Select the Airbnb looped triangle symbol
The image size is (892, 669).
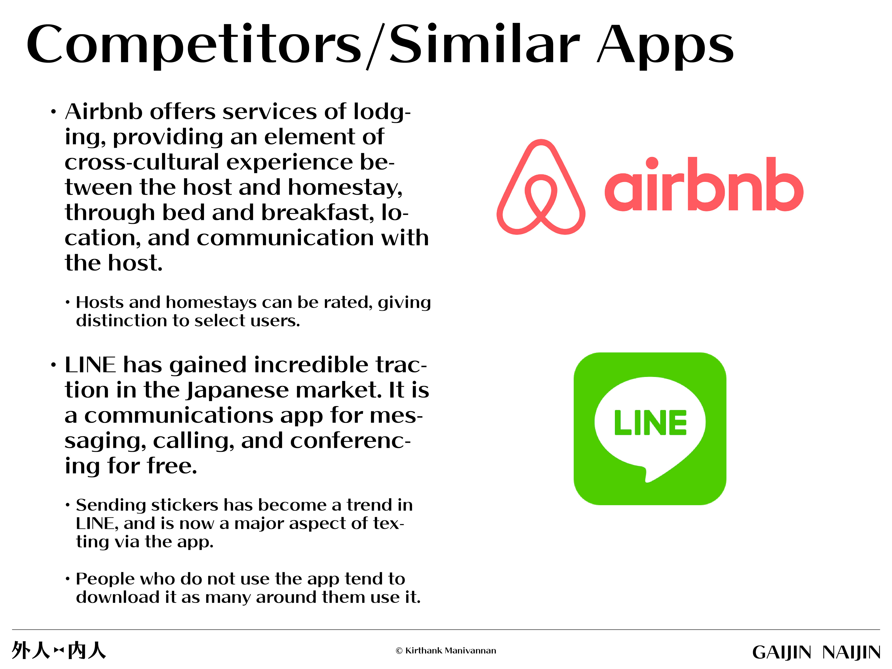[541, 187]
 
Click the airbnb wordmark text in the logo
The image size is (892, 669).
[704, 184]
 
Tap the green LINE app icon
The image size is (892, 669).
[650, 429]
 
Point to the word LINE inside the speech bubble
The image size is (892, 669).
[650, 423]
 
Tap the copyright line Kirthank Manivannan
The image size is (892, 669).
[446, 650]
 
